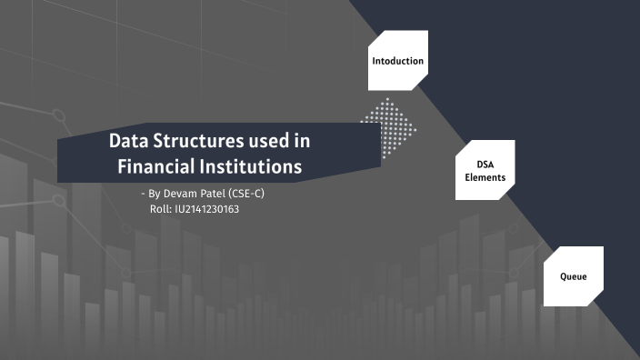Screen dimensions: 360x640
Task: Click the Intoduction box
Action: coord(397,61)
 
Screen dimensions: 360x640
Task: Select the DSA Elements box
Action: coord(485,170)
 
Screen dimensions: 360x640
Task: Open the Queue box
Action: coord(573,275)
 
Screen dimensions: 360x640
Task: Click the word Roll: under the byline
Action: coord(159,209)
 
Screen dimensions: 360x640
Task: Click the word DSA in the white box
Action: coord(485,165)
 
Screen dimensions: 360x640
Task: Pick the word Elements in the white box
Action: coord(485,177)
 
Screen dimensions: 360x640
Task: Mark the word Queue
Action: coord(573,275)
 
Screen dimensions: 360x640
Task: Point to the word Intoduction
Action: coord(397,61)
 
